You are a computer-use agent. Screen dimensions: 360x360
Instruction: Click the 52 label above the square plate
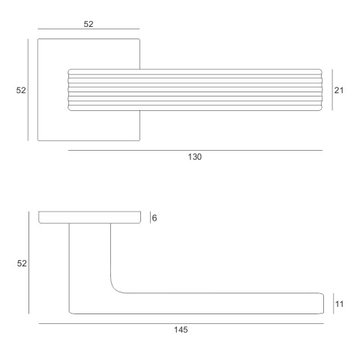[x=88, y=24]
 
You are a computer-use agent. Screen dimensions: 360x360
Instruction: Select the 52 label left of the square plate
[x=21, y=90]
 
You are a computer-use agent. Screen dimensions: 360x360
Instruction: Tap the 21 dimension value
[x=339, y=90]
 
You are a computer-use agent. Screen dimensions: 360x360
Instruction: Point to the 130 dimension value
[x=195, y=157]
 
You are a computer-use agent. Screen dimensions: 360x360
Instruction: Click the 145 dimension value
[x=181, y=330]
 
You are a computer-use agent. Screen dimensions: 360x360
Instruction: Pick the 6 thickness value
[x=154, y=218]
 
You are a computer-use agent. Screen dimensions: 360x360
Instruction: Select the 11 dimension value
[x=339, y=304]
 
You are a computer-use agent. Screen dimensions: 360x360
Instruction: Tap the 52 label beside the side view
[x=22, y=263]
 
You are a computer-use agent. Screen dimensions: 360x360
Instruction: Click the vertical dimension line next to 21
[x=332, y=90]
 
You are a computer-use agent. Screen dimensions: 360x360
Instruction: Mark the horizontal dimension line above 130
[x=195, y=151]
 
